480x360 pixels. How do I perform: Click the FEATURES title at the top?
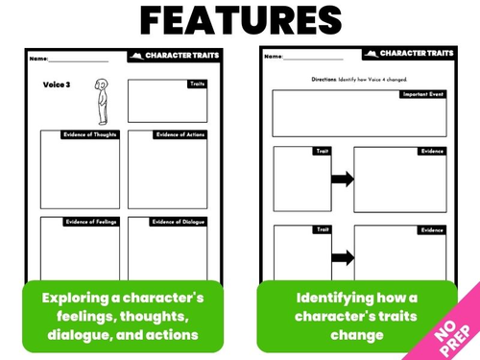(x=239, y=20)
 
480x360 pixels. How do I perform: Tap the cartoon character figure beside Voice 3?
(x=99, y=101)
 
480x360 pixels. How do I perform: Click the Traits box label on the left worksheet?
(x=195, y=84)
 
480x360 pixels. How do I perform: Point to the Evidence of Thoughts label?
(x=91, y=133)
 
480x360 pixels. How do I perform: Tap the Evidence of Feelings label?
(x=92, y=222)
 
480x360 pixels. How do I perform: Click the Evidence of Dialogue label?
(x=179, y=222)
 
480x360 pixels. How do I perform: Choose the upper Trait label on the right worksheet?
(x=321, y=151)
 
